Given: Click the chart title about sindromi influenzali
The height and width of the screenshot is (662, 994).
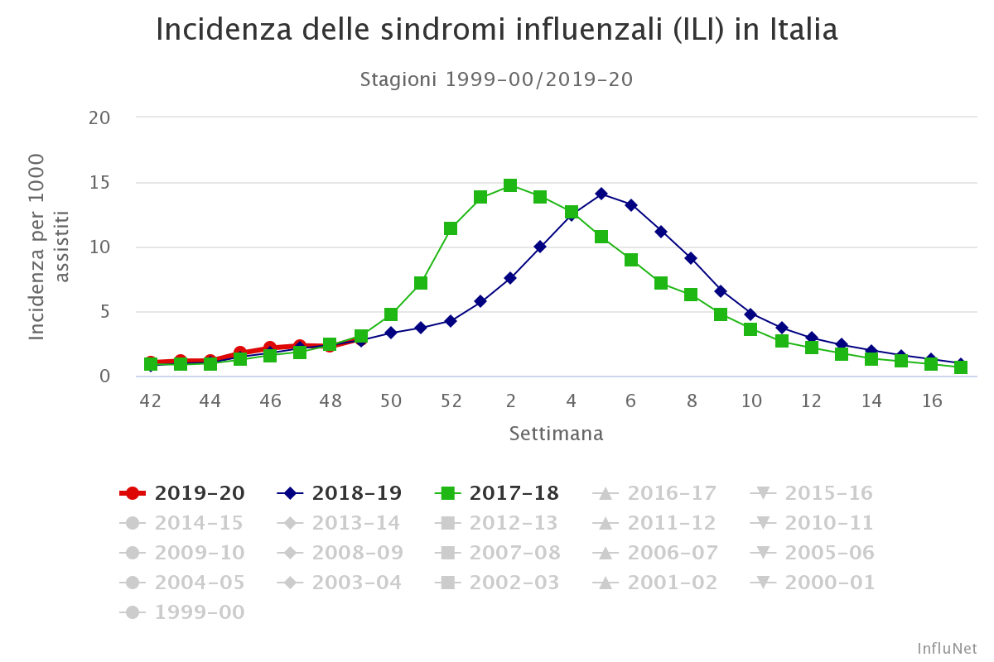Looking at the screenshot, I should click(496, 31).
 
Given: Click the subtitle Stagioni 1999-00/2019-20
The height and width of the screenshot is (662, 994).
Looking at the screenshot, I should click(496, 79).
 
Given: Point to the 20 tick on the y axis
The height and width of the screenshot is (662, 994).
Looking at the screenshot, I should click(99, 118).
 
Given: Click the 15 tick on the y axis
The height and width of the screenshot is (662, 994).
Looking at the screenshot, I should click(99, 182).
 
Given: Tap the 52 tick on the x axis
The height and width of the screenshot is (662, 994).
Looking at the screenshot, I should click(451, 401).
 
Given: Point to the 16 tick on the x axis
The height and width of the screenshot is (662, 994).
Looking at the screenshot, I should click(932, 401).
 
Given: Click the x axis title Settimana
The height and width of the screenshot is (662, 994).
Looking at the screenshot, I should click(556, 434).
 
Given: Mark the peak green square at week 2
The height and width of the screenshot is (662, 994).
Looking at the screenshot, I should click(510, 185).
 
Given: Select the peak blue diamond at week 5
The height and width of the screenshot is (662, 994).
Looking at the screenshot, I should click(601, 194).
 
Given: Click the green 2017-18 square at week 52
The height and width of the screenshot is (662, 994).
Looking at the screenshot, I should click(451, 228).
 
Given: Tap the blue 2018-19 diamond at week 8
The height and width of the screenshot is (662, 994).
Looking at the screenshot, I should click(691, 258).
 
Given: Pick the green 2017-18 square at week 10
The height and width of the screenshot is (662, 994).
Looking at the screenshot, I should click(750, 329).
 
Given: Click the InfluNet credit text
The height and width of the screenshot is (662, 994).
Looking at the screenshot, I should click(947, 648).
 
